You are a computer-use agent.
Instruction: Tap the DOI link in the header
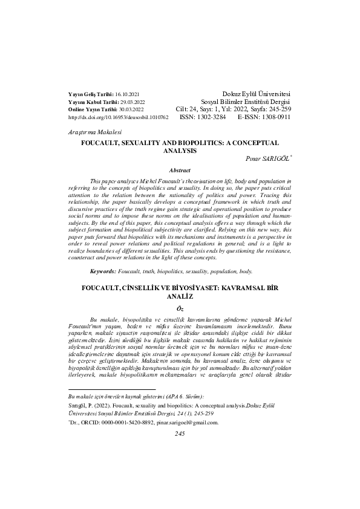(111, 117)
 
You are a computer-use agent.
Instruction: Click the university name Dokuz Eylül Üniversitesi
(257, 95)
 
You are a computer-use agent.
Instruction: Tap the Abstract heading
(180, 170)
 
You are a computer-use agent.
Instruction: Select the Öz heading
(180, 308)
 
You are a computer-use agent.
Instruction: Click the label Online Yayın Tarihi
(89, 109)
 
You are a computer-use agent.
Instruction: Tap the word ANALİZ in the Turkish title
(180, 297)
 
